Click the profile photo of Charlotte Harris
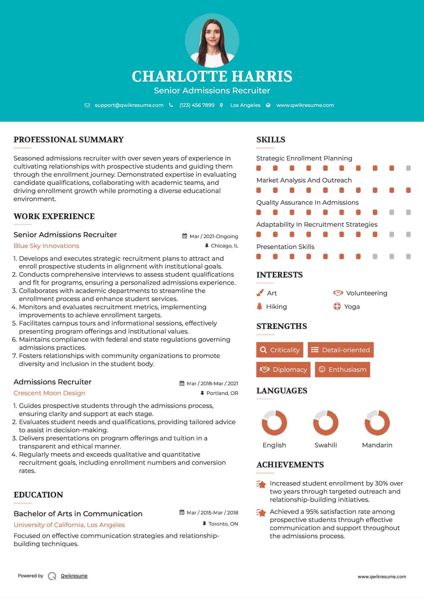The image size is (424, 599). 212,40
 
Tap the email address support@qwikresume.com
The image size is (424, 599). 129,105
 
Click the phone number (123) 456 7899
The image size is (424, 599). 197,105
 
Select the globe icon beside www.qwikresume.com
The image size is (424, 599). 268,105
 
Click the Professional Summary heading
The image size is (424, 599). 69,140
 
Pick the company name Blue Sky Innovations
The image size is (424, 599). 46,246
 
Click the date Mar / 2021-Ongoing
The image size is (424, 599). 214,236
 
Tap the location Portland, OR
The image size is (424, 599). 222,393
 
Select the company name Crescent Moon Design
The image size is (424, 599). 49,393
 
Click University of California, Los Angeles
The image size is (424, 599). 69,525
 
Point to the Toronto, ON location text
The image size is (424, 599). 223,524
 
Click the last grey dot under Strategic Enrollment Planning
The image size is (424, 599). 408,168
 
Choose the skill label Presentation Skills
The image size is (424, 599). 285,247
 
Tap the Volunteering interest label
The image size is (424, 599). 366,293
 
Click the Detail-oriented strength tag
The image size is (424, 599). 341,350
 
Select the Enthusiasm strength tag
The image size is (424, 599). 342,369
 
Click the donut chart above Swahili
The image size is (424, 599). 325,423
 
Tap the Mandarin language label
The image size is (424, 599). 377,445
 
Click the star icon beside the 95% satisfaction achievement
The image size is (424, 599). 261,512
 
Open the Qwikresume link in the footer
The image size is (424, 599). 74,576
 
